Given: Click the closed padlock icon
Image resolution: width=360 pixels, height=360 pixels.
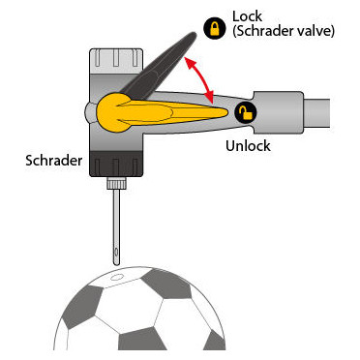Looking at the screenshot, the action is coord(215,28).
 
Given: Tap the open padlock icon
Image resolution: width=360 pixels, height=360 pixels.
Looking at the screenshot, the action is coord(246,112).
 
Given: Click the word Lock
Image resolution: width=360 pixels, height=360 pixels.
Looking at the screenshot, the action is coord(248,16).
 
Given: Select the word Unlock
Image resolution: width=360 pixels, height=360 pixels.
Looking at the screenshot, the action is coord(248,146).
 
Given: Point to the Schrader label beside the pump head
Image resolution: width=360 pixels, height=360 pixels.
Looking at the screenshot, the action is coord(54,161).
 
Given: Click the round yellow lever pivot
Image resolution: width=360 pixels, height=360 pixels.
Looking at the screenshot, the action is coord(112,112).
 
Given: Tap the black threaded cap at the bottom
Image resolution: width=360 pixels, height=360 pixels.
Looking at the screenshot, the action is coord(116,164).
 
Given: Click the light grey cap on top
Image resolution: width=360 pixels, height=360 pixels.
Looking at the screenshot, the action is coord(116,61).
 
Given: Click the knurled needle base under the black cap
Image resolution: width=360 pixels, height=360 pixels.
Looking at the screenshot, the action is coord(116,183).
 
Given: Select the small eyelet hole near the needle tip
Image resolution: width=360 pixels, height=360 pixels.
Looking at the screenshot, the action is coord(116,253).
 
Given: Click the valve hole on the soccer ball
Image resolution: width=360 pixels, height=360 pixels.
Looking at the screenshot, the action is coord(116,277).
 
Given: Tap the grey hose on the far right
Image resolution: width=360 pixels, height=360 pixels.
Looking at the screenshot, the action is coord(317,112).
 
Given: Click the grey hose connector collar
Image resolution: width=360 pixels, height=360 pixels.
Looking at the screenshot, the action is coord(279,112).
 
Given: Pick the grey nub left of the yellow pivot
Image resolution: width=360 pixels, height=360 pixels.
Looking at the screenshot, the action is coord(90,112).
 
